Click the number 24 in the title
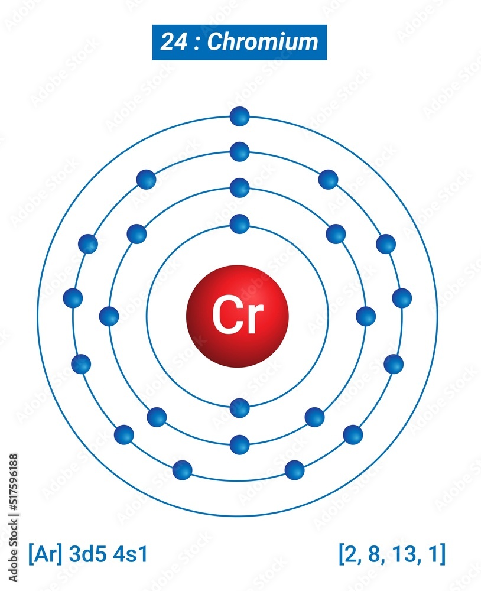coord(172,42)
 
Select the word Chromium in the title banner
coord(263,42)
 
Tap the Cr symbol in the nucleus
coord(238,316)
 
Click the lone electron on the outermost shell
coord(239,116)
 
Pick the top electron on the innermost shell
coord(239,224)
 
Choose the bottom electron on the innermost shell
coord(239,408)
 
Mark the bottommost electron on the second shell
coord(239,444)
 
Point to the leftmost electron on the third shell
coord(73,298)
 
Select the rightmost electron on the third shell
coord(402,298)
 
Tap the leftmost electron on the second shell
coord(109,316)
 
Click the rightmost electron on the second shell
coord(366,316)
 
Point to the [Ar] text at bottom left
coord(45,554)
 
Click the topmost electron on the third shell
coord(239,152)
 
